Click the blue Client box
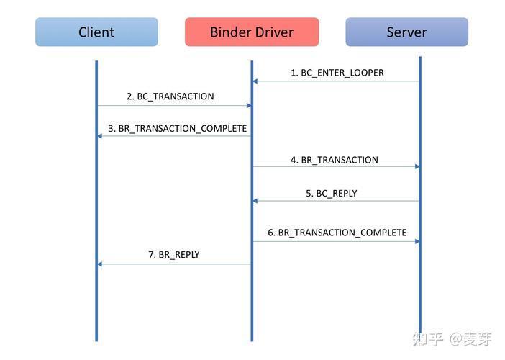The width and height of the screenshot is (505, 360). click(x=96, y=32)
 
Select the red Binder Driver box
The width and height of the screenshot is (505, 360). click(x=252, y=32)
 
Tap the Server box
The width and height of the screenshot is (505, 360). click(x=406, y=32)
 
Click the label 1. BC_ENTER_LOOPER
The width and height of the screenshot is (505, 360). click(x=337, y=73)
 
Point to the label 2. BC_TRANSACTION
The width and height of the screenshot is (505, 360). click(x=170, y=96)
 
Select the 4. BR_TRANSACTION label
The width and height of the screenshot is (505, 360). click(x=335, y=160)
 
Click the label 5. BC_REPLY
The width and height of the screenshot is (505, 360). click(x=332, y=194)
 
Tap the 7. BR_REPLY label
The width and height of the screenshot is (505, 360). click(x=174, y=255)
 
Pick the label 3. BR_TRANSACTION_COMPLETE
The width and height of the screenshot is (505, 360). click(x=178, y=129)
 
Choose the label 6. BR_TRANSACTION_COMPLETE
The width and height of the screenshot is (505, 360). click(x=337, y=233)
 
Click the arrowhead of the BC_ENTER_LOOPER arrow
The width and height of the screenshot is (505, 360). click(x=255, y=81)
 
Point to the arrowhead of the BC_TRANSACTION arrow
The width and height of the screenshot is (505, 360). click(x=249, y=105)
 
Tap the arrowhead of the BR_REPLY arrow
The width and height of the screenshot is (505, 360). click(x=100, y=264)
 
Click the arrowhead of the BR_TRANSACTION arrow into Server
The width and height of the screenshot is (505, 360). click(x=417, y=166)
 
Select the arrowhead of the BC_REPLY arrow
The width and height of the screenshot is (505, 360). click(x=255, y=201)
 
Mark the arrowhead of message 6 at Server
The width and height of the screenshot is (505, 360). click(x=417, y=241)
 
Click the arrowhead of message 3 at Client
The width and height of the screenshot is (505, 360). click(x=100, y=136)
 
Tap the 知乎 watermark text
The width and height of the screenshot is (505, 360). click(x=428, y=339)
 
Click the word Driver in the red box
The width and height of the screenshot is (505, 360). click(x=274, y=32)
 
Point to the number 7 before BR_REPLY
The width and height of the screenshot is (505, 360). click(x=151, y=255)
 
